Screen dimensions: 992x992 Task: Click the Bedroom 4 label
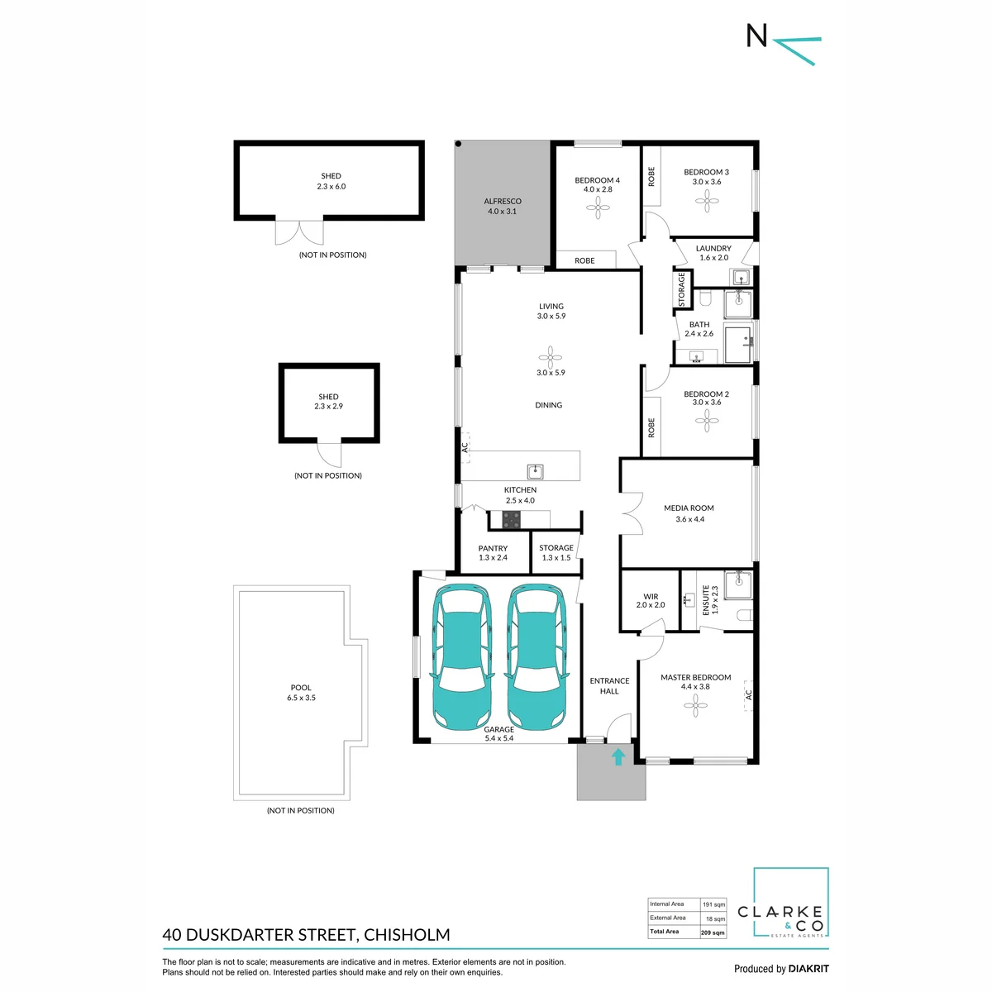click(597, 180)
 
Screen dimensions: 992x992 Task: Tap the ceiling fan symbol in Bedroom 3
click(706, 201)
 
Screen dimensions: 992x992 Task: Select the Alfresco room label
click(502, 201)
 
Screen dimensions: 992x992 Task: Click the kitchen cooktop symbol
click(511, 520)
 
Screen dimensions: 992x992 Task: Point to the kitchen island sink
click(535, 471)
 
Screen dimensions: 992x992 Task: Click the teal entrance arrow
click(618, 756)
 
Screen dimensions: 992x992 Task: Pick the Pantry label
click(493, 548)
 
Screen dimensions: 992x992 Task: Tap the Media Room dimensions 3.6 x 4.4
click(689, 519)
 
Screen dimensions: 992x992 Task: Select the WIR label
click(651, 596)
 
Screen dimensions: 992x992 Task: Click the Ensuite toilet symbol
click(744, 615)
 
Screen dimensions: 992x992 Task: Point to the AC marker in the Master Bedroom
click(748, 695)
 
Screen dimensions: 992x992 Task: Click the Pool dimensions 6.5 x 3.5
click(301, 698)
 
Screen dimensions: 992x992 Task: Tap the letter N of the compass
click(756, 36)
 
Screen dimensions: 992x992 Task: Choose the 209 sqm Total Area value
click(713, 932)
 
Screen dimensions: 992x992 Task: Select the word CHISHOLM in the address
click(407, 934)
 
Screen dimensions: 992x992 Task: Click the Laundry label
click(713, 248)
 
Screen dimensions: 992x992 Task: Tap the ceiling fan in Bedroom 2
click(706, 421)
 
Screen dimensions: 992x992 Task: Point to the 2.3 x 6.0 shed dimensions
click(331, 186)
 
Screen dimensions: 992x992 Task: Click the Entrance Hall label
click(609, 685)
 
